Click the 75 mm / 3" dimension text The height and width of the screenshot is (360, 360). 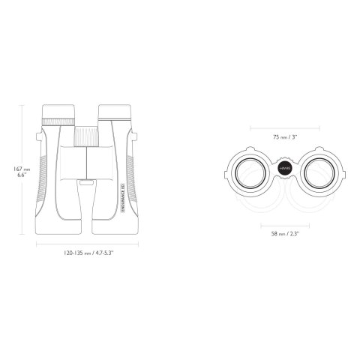coord(285,137)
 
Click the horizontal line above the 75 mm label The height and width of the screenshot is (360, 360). coord(285,127)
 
